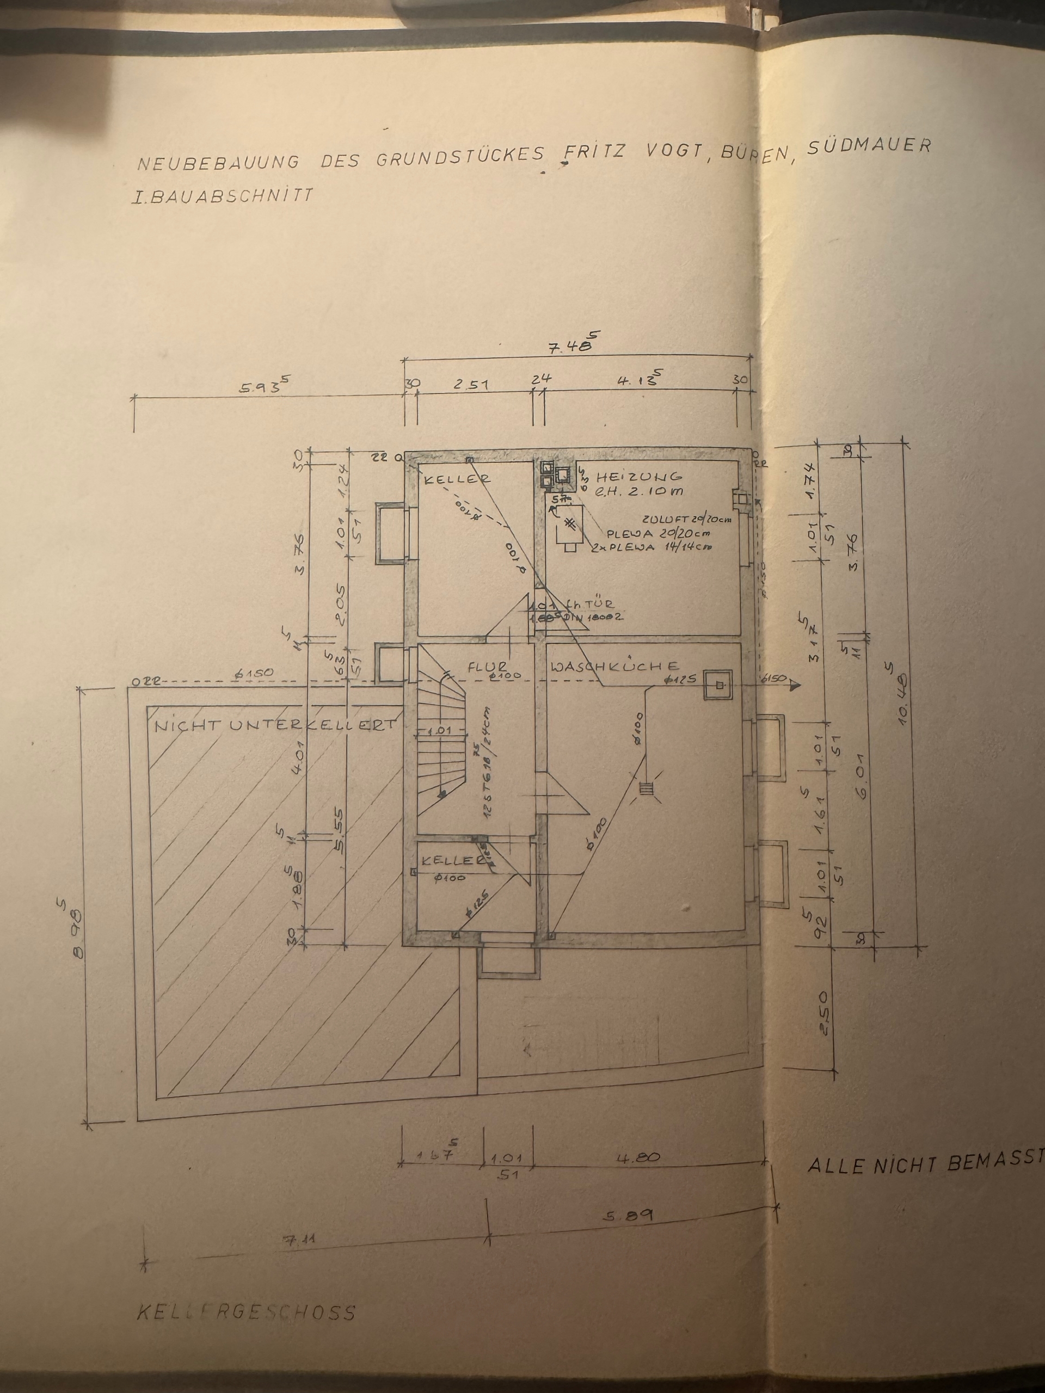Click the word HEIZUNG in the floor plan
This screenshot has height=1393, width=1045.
[639, 477]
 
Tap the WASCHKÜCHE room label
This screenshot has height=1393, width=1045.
[614, 666]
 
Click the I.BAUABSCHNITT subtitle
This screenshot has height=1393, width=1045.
[220, 196]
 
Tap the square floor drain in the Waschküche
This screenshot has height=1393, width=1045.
[718, 685]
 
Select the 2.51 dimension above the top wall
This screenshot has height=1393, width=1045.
[471, 384]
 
